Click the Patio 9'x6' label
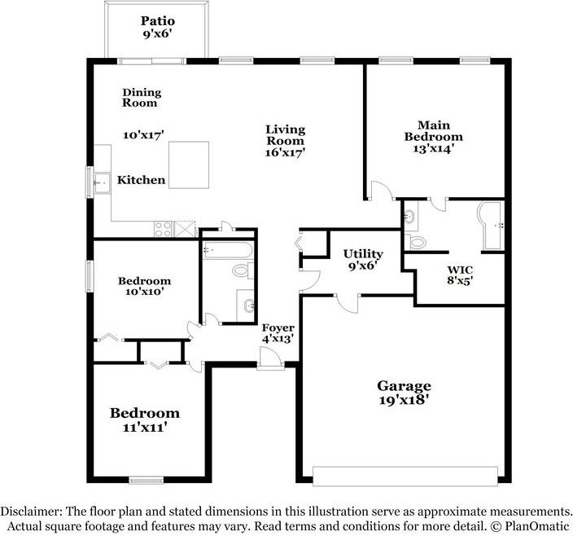point(158,28)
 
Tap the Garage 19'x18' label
point(404,393)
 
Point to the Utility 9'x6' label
point(362,259)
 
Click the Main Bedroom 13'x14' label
point(434,137)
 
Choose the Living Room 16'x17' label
point(285,140)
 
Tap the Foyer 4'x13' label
point(278,332)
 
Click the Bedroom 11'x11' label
point(145,420)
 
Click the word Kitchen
point(141,180)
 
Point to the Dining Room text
point(141,98)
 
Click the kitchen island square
point(189,165)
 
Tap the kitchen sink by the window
point(102,183)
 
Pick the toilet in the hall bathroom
point(241,270)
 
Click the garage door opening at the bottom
point(405,476)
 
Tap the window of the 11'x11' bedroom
point(147,481)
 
